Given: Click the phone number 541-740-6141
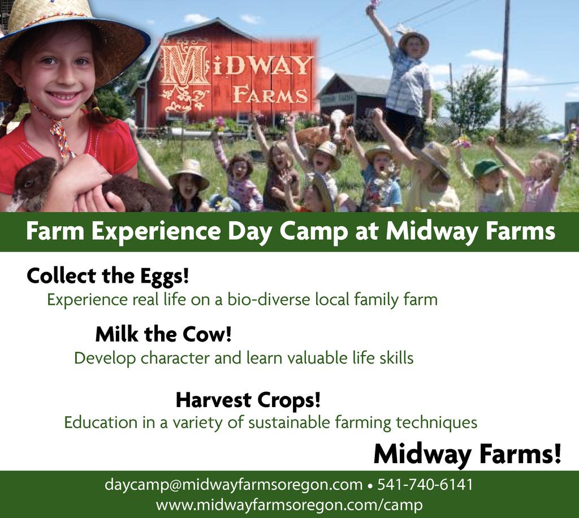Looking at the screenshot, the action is point(425,485).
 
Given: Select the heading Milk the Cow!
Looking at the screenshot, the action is point(163,334).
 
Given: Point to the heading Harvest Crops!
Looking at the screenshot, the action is point(248,400).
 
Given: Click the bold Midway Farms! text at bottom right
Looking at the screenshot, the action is point(468,454).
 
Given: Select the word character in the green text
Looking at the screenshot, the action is point(175,358).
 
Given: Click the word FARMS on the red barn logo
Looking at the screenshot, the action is point(270,95).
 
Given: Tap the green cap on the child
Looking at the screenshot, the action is point(487,168).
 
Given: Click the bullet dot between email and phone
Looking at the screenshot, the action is point(370,486).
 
